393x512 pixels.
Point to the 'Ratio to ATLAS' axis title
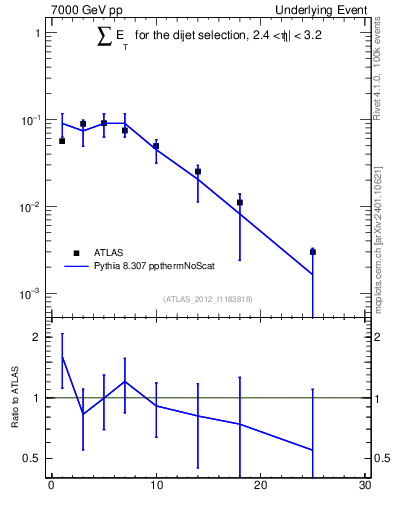pyautogui.click(x=17, y=398)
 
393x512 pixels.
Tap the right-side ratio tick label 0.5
pyautogui.click(x=382, y=458)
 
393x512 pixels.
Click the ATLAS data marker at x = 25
pyautogui.click(x=313, y=252)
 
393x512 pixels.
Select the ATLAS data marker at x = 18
pyautogui.click(x=240, y=202)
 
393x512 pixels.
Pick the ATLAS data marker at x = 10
pyautogui.click(x=156, y=146)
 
